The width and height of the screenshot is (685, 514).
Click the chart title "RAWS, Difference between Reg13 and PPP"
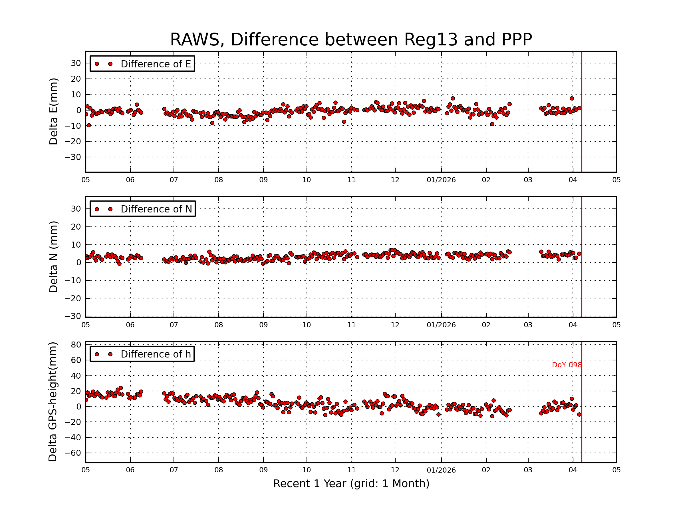click(351, 40)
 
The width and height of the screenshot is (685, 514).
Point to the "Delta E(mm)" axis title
click(54, 112)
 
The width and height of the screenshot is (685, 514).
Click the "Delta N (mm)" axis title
click(54, 256)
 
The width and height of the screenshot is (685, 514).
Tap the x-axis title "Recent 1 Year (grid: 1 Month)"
click(351, 483)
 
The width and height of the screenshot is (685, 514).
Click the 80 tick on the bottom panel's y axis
click(76, 345)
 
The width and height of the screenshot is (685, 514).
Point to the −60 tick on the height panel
click(73, 453)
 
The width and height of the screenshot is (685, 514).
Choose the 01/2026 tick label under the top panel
click(441, 180)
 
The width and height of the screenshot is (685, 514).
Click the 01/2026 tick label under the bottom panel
click(441, 470)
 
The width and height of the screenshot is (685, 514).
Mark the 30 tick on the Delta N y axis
click(76, 209)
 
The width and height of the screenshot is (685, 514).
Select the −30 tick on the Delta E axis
click(73, 157)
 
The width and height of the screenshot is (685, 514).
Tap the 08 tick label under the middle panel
click(219, 325)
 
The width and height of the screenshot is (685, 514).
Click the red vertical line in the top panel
click(582, 124)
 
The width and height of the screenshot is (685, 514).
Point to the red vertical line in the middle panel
click(582, 279)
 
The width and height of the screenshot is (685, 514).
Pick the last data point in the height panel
click(579, 415)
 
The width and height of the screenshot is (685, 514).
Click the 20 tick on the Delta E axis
click(76, 79)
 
